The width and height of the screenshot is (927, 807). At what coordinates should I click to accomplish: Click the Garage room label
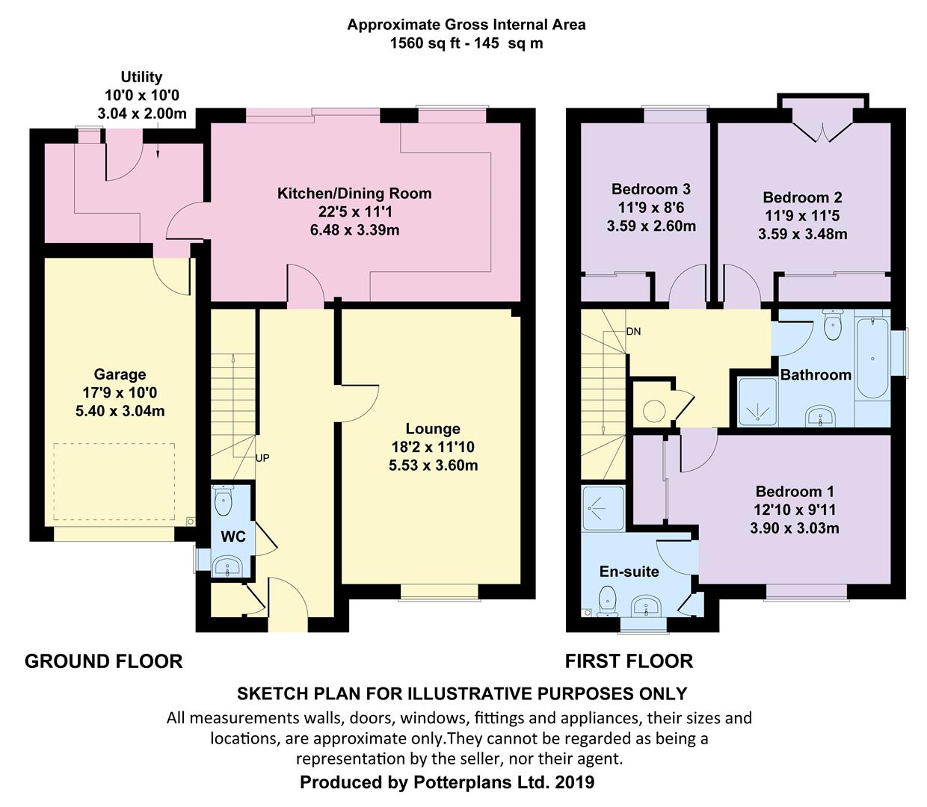pos(120,374)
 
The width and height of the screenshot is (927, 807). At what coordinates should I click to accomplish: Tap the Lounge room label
pos(432,429)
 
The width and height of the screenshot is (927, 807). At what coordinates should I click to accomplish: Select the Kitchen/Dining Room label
pos(354,194)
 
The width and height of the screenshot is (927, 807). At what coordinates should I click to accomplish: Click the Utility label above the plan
pos(141,77)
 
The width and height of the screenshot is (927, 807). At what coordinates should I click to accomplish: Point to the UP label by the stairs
pos(262,458)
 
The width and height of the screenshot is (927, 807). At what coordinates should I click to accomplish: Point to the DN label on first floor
pos(633,332)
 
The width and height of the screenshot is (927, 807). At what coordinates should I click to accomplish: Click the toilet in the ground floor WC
pos(224,501)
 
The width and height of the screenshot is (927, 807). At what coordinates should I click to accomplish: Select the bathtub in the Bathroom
pos(872,358)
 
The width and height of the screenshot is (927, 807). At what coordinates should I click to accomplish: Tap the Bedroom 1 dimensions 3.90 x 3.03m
pos(794,528)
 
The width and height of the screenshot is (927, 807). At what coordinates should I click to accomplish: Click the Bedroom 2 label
pos(802,198)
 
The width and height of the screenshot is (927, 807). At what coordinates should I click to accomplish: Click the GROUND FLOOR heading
pos(103,661)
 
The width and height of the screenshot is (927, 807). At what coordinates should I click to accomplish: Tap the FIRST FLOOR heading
pos(629,661)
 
